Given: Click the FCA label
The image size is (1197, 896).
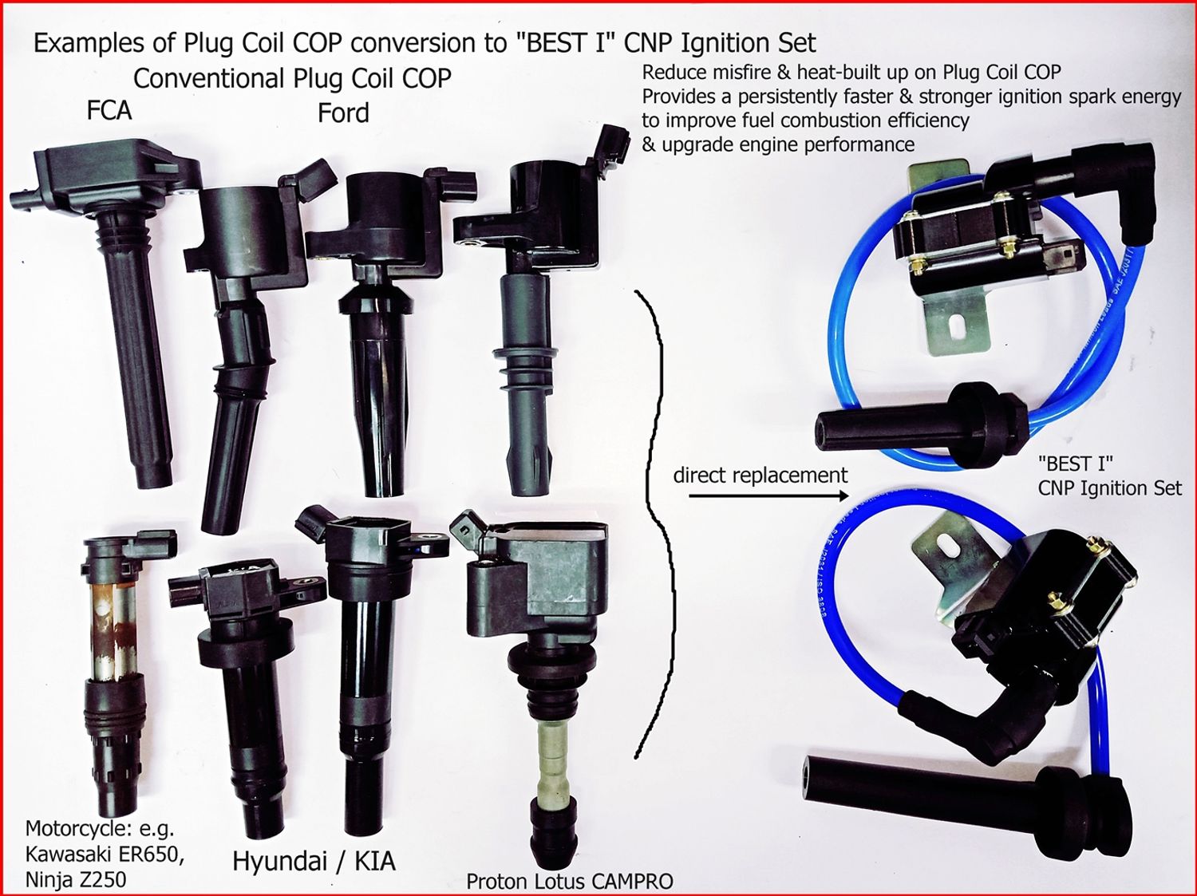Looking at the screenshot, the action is point(109,111).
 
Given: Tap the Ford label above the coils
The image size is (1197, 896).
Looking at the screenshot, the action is point(344,113).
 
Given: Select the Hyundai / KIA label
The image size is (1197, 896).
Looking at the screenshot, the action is point(314,862).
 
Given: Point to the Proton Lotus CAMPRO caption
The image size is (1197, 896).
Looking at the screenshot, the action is point(570,882).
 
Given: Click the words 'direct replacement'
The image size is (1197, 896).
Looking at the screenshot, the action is point(760,476).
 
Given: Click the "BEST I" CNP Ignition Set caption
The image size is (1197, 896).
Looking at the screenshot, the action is point(1109,476).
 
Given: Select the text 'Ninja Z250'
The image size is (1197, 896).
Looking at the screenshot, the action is point(76,880).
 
